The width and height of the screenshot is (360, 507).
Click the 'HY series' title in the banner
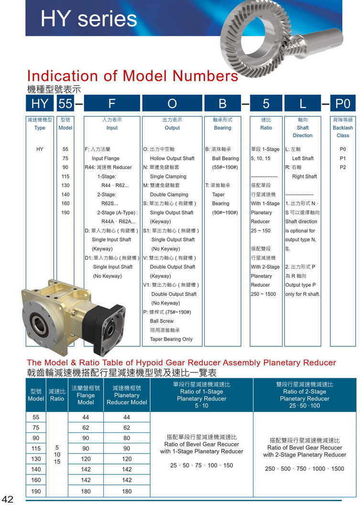[89, 19]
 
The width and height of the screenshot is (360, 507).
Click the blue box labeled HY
[40, 104]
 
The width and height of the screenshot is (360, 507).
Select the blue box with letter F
[112, 104]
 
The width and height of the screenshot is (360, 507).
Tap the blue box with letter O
[172, 104]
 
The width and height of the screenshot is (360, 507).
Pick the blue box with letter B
[222, 104]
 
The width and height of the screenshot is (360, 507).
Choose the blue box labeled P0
[342, 104]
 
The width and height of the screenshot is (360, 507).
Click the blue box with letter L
[302, 104]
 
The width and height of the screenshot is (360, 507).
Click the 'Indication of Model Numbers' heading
[132, 76]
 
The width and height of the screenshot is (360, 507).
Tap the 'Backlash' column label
[342, 128]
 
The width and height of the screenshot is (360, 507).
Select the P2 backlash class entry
[342, 167]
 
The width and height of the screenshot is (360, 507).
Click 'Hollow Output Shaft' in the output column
[172, 158]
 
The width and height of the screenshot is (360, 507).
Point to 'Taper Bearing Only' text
[171, 339]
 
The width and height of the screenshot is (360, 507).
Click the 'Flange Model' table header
[86, 395]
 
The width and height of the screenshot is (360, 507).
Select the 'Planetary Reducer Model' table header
[127, 395]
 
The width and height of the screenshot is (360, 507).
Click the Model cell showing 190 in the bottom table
[36, 491]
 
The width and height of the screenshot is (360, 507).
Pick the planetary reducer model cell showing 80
[127, 438]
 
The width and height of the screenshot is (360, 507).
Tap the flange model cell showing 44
[86, 417]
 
